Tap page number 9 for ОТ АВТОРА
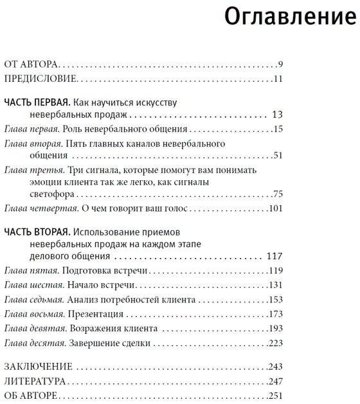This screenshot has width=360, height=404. pos(281,64)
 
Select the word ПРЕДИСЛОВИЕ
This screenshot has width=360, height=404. pos(40,79)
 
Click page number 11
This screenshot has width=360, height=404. pos(278,79)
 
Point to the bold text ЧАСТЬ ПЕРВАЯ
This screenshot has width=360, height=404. pos(36,102)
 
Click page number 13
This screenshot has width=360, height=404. pos(278,115)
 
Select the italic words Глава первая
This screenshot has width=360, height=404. pos(29,130)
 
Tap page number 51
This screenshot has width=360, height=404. pos(278,155)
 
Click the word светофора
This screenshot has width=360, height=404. pos(50,194)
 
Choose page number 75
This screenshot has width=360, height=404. pos(278,194)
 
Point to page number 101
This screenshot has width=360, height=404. pos(276,208)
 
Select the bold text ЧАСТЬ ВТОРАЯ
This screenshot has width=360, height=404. pos(36,232)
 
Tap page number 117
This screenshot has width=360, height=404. pos(274,256)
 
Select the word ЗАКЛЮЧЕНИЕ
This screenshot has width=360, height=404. pos(38,367)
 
